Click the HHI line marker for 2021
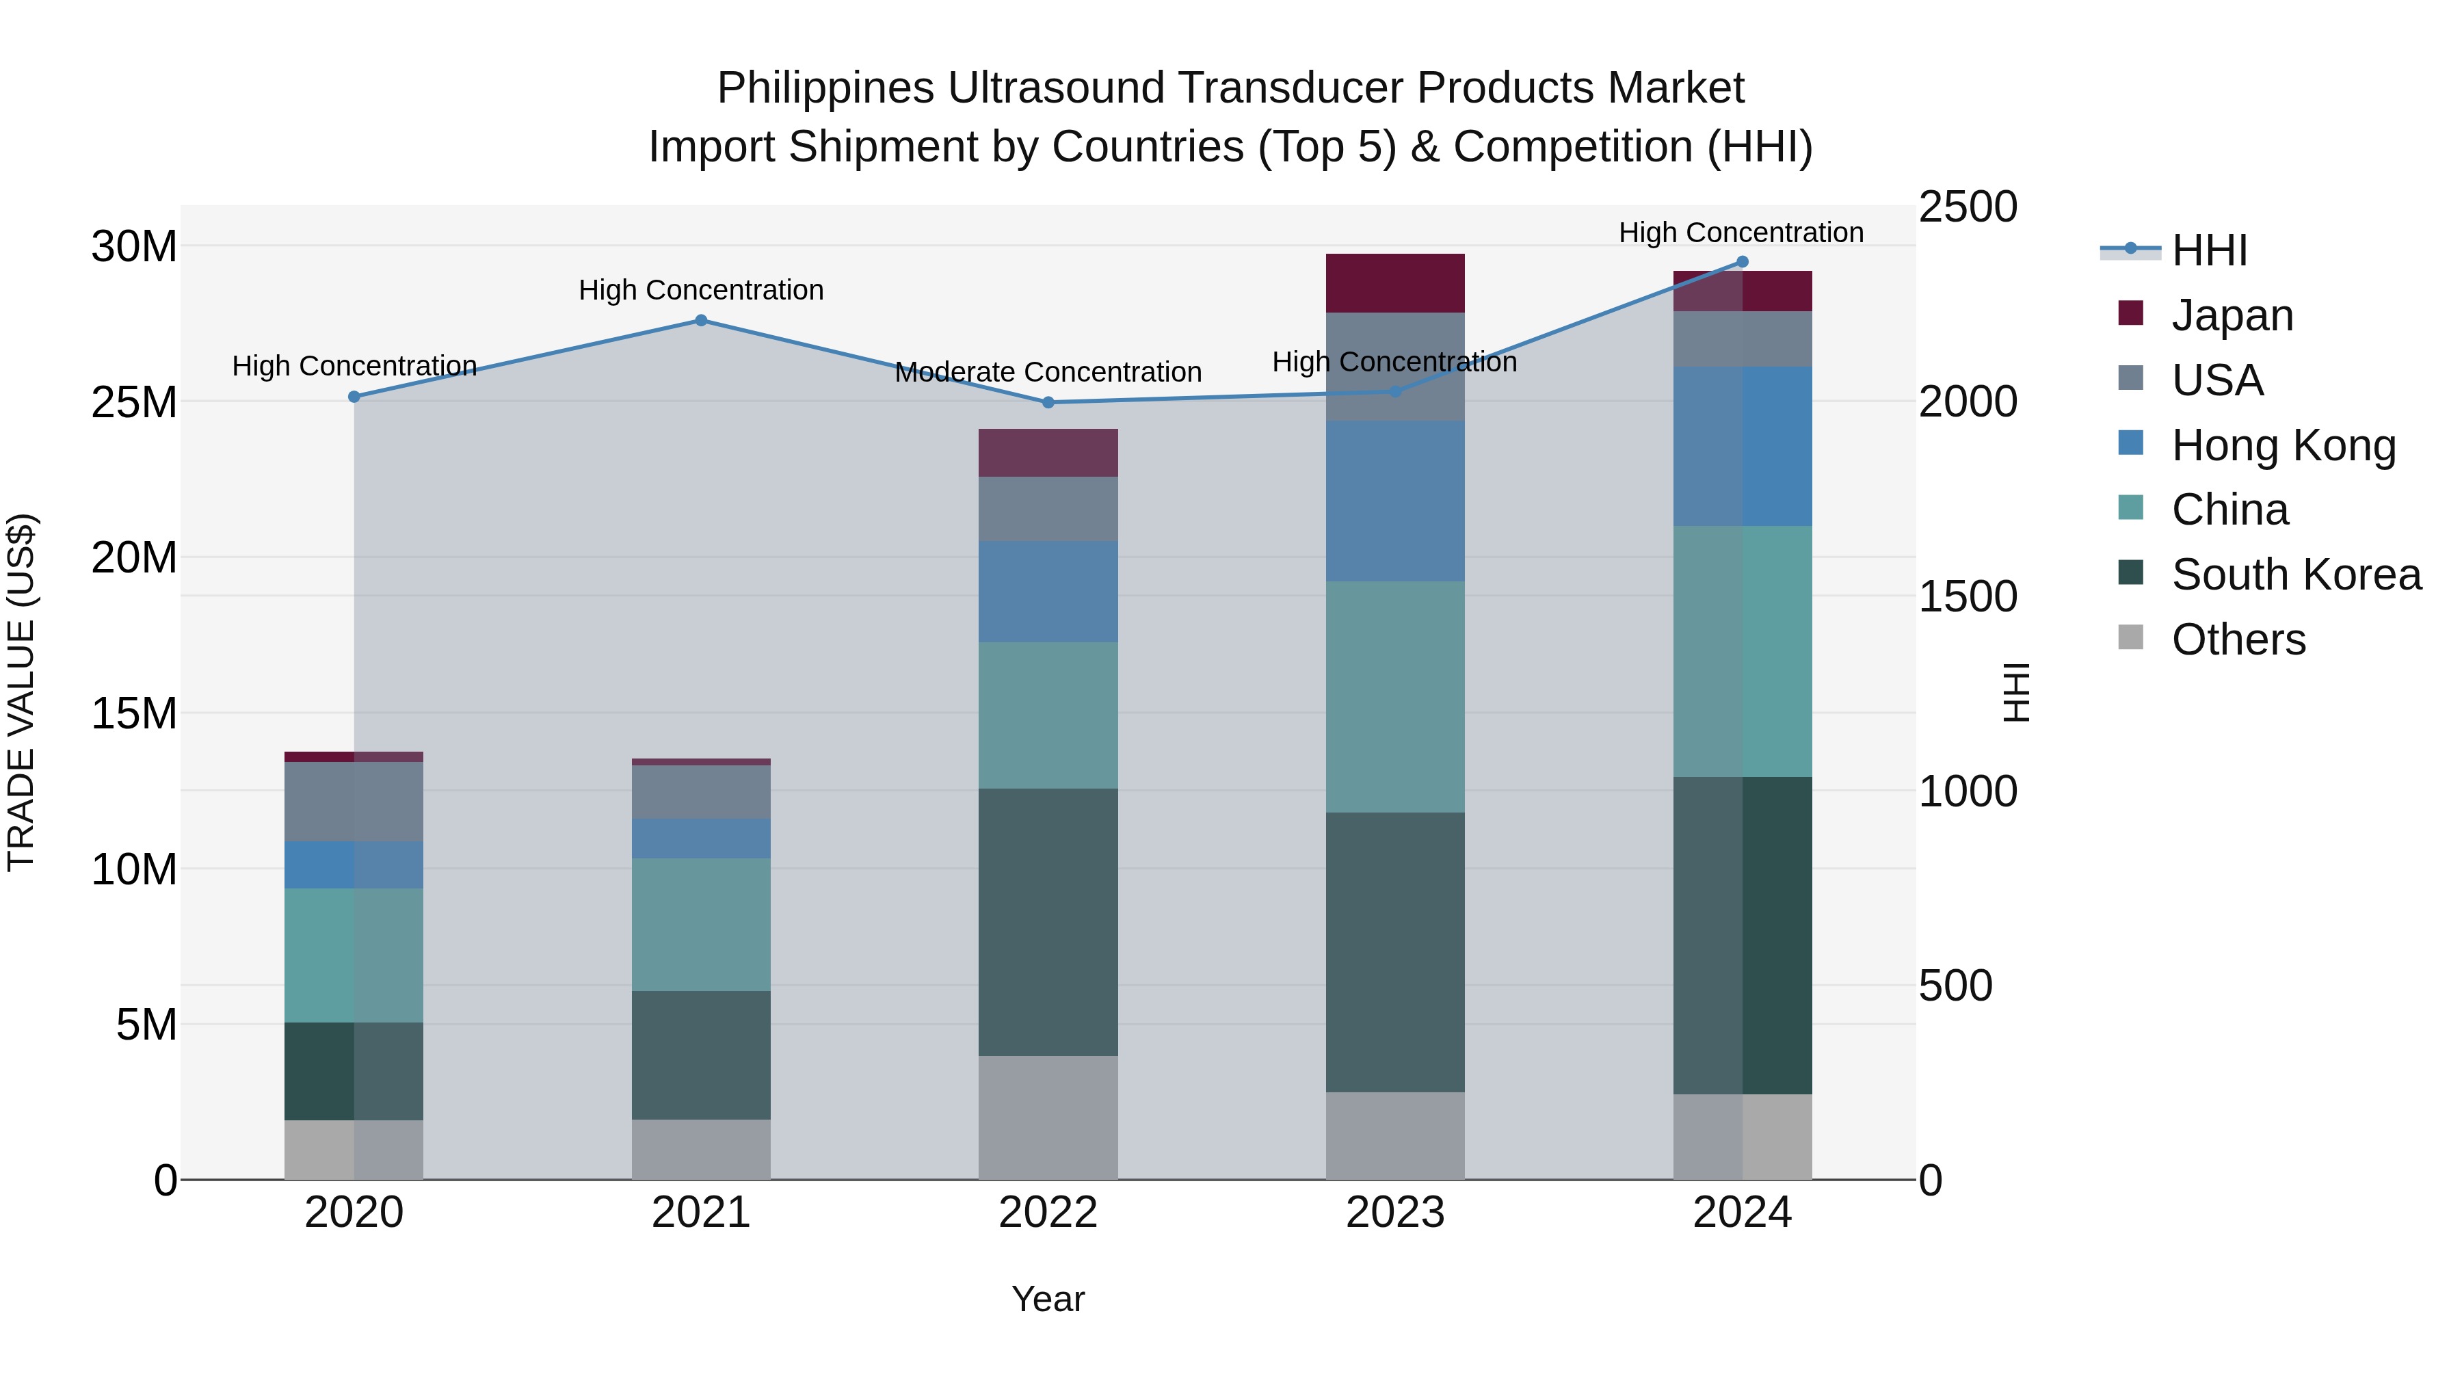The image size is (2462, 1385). pyautogui.click(x=700, y=320)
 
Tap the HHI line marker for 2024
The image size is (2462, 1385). pyautogui.click(x=1741, y=262)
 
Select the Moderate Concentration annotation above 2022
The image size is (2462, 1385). pyautogui.click(x=1048, y=372)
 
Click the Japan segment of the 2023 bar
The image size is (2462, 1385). pyautogui.click(x=1394, y=283)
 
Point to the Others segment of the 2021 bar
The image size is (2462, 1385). pyautogui.click(x=700, y=1149)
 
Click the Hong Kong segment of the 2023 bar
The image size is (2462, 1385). pyautogui.click(x=1394, y=501)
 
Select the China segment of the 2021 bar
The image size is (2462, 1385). pyautogui.click(x=700, y=924)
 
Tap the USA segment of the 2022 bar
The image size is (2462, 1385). pyautogui.click(x=1048, y=508)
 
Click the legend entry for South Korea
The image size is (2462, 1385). pyautogui.click(x=2296, y=575)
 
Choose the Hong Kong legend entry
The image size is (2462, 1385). pyautogui.click(x=2284, y=445)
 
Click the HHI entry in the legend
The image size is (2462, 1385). pyautogui.click(x=2209, y=250)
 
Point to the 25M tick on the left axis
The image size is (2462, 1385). pyautogui.click(x=134, y=402)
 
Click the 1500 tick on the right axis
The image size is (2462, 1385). pyautogui.click(x=1968, y=596)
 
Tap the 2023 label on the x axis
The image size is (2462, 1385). pyautogui.click(x=1394, y=1213)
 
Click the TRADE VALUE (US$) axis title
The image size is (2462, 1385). pyautogui.click(x=21, y=692)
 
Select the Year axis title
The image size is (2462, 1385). pyautogui.click(x=1048, y=1299)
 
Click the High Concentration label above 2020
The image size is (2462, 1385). pyautogui.click(x=354, y=366)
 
